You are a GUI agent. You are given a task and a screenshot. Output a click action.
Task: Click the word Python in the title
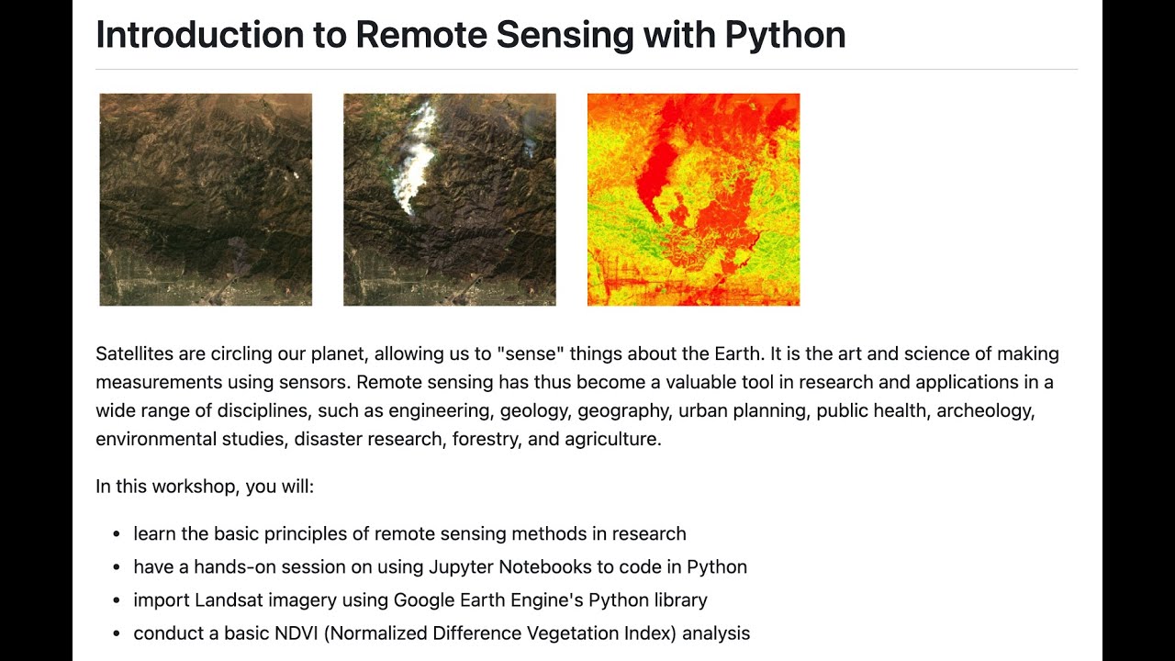coord(785,36)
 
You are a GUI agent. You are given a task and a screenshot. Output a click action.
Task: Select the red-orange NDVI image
coord(693,199)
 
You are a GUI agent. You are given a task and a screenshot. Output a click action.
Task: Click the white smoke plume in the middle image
coord(417,161)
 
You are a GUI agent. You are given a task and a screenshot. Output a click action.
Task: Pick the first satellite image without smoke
coord(206,199)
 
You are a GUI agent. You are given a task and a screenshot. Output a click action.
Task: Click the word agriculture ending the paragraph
coord(612,439)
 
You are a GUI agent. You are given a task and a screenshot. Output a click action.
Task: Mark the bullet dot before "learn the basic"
coord(117,534)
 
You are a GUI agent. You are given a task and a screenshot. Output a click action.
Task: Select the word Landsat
coord(229,600)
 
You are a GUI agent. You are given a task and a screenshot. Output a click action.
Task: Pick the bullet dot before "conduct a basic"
coord(117,633)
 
